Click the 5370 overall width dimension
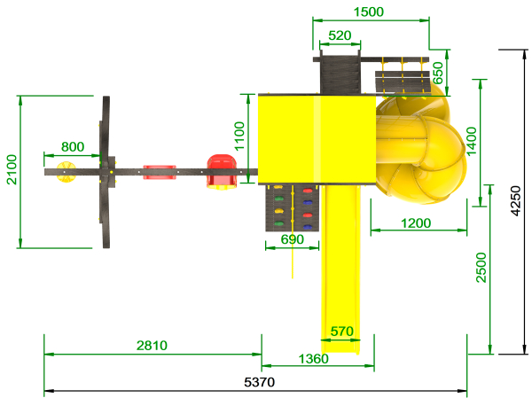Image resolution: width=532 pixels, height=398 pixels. [260, 382]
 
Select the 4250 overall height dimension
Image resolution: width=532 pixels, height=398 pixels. [516, 201]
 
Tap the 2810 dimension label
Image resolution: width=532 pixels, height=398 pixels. [152, 346]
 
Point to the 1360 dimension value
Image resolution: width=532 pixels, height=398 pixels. [314, 359]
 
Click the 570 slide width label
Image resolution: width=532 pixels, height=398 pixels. [342, 332]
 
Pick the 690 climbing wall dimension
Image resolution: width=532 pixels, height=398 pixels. [293, 239]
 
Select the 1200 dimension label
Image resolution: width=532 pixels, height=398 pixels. [416, 223]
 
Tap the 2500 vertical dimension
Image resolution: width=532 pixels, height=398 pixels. [481, 268]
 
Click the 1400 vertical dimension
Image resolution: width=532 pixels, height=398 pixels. [472, 141]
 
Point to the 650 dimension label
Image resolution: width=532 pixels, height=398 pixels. [438, 73]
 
